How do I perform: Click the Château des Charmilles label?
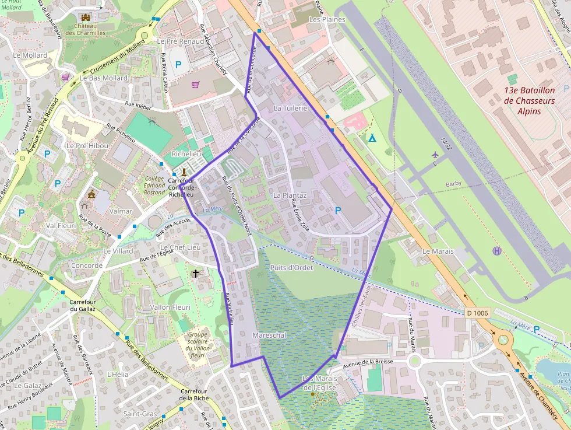tap(85, 29)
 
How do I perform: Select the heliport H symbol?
tap(496, 251)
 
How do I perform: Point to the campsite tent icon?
tap(372, 138)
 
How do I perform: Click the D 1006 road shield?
tap(478, 313)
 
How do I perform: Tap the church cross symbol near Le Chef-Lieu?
tap(196, 273)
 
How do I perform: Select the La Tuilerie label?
tap(290, 109)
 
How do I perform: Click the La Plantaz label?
tap(290, 195)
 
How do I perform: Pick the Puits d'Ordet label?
tap(292, 268)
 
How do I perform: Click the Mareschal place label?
tap(269, 335)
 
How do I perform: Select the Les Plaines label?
tap(327, 19)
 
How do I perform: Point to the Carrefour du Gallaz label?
tap(82, 305)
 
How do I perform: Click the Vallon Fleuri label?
tap(170, 307)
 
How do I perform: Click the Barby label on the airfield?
tap(453, 184)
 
